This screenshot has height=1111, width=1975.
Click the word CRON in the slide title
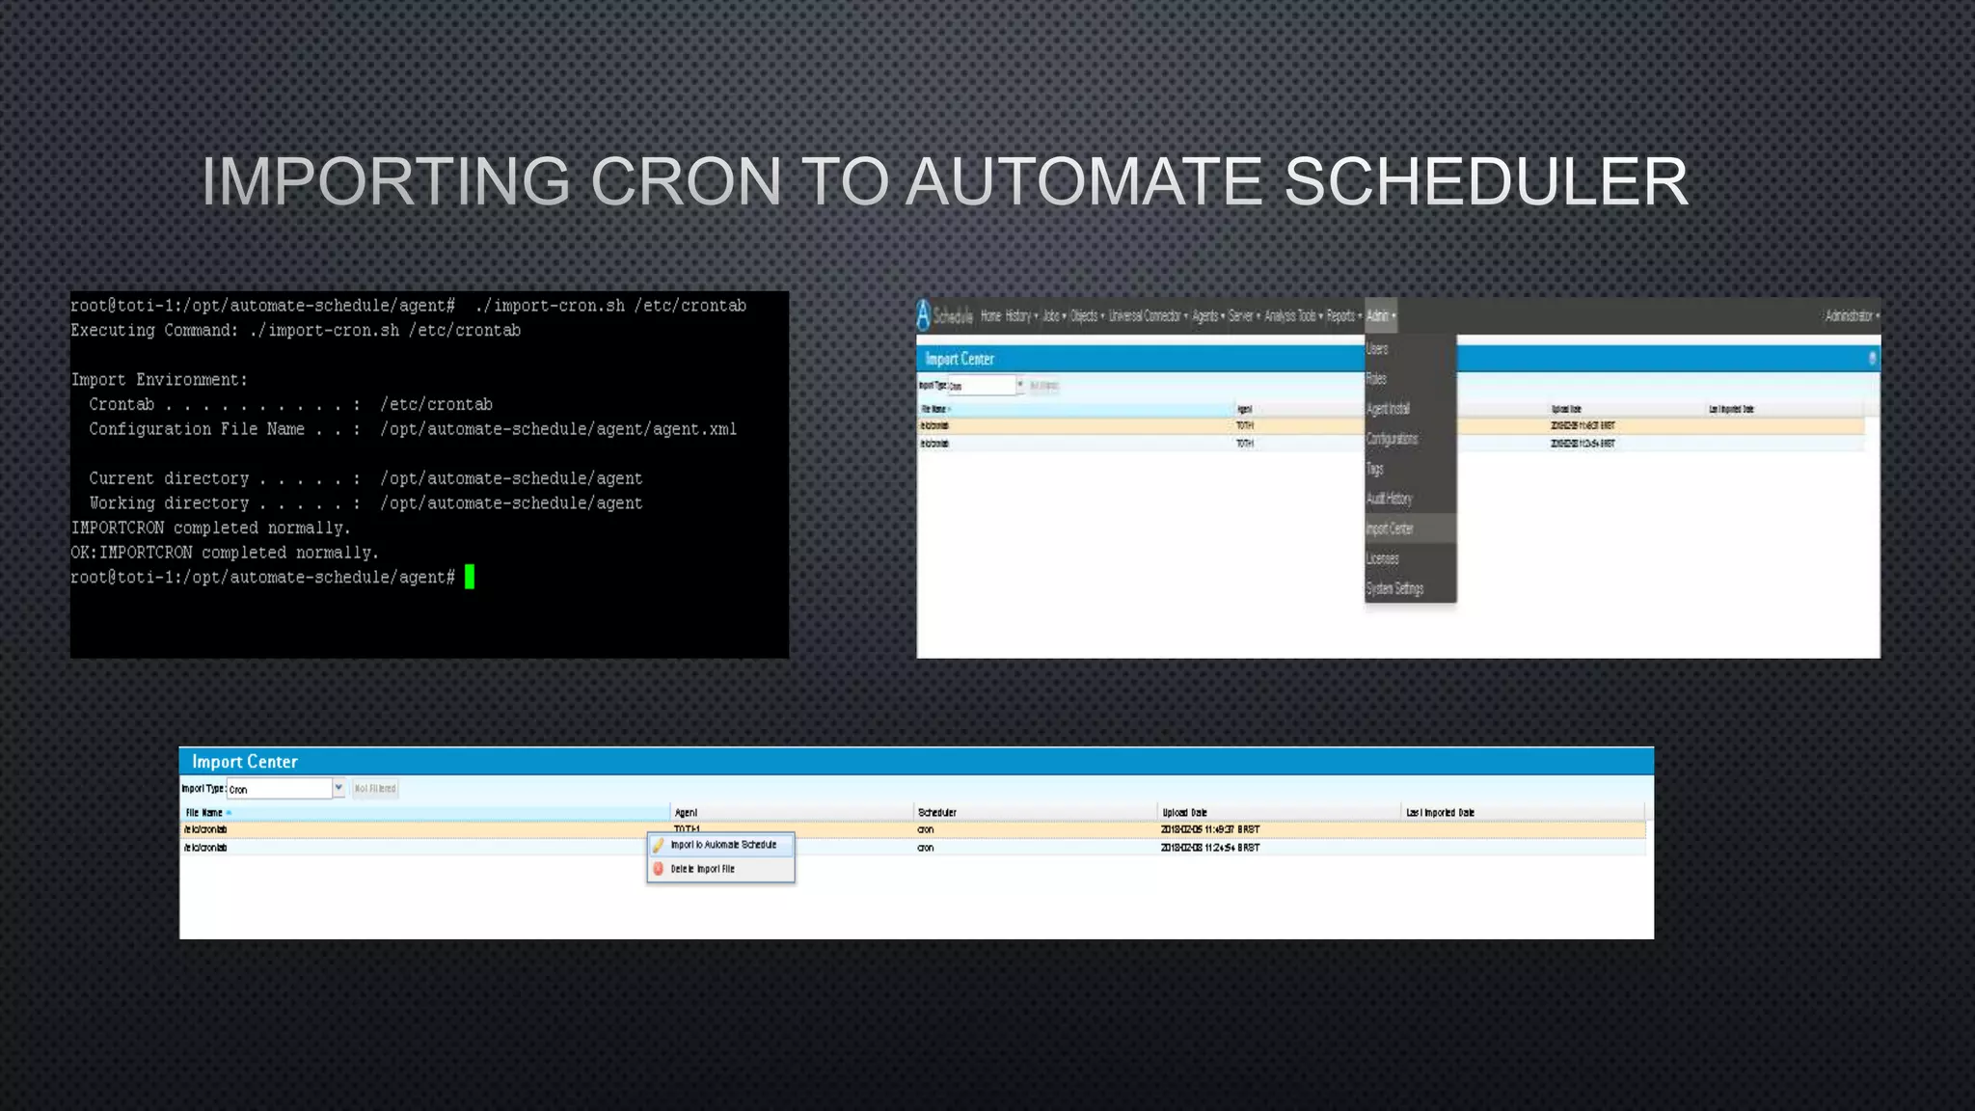[686, 181]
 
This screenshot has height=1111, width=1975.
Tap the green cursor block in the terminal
[470, 577]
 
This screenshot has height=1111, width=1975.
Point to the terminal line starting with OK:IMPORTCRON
[224, 553]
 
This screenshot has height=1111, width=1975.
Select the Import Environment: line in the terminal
[159, 380]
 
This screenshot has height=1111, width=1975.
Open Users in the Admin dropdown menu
[1377, 349]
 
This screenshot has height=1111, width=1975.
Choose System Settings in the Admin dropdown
[1394, 588]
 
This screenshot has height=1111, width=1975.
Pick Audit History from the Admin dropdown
[1389, 499]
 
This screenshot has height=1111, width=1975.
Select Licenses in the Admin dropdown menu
[1382, 558]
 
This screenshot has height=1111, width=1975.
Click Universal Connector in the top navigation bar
[1145, 316]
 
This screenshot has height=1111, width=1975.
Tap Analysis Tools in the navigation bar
[1290, 316]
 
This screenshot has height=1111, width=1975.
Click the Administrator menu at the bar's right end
[1850, 316]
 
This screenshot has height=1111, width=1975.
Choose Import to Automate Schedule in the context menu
[723, 845]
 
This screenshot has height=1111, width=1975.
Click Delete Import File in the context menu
[702, 869]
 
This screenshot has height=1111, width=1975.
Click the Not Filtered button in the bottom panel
[375, 789]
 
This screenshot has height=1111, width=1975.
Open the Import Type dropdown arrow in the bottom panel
[338, 788]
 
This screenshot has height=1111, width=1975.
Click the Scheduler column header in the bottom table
[937, 813]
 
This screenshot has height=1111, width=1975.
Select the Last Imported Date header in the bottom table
[1440, 813]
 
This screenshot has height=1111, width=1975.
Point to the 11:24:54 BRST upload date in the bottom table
[1210, 848]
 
